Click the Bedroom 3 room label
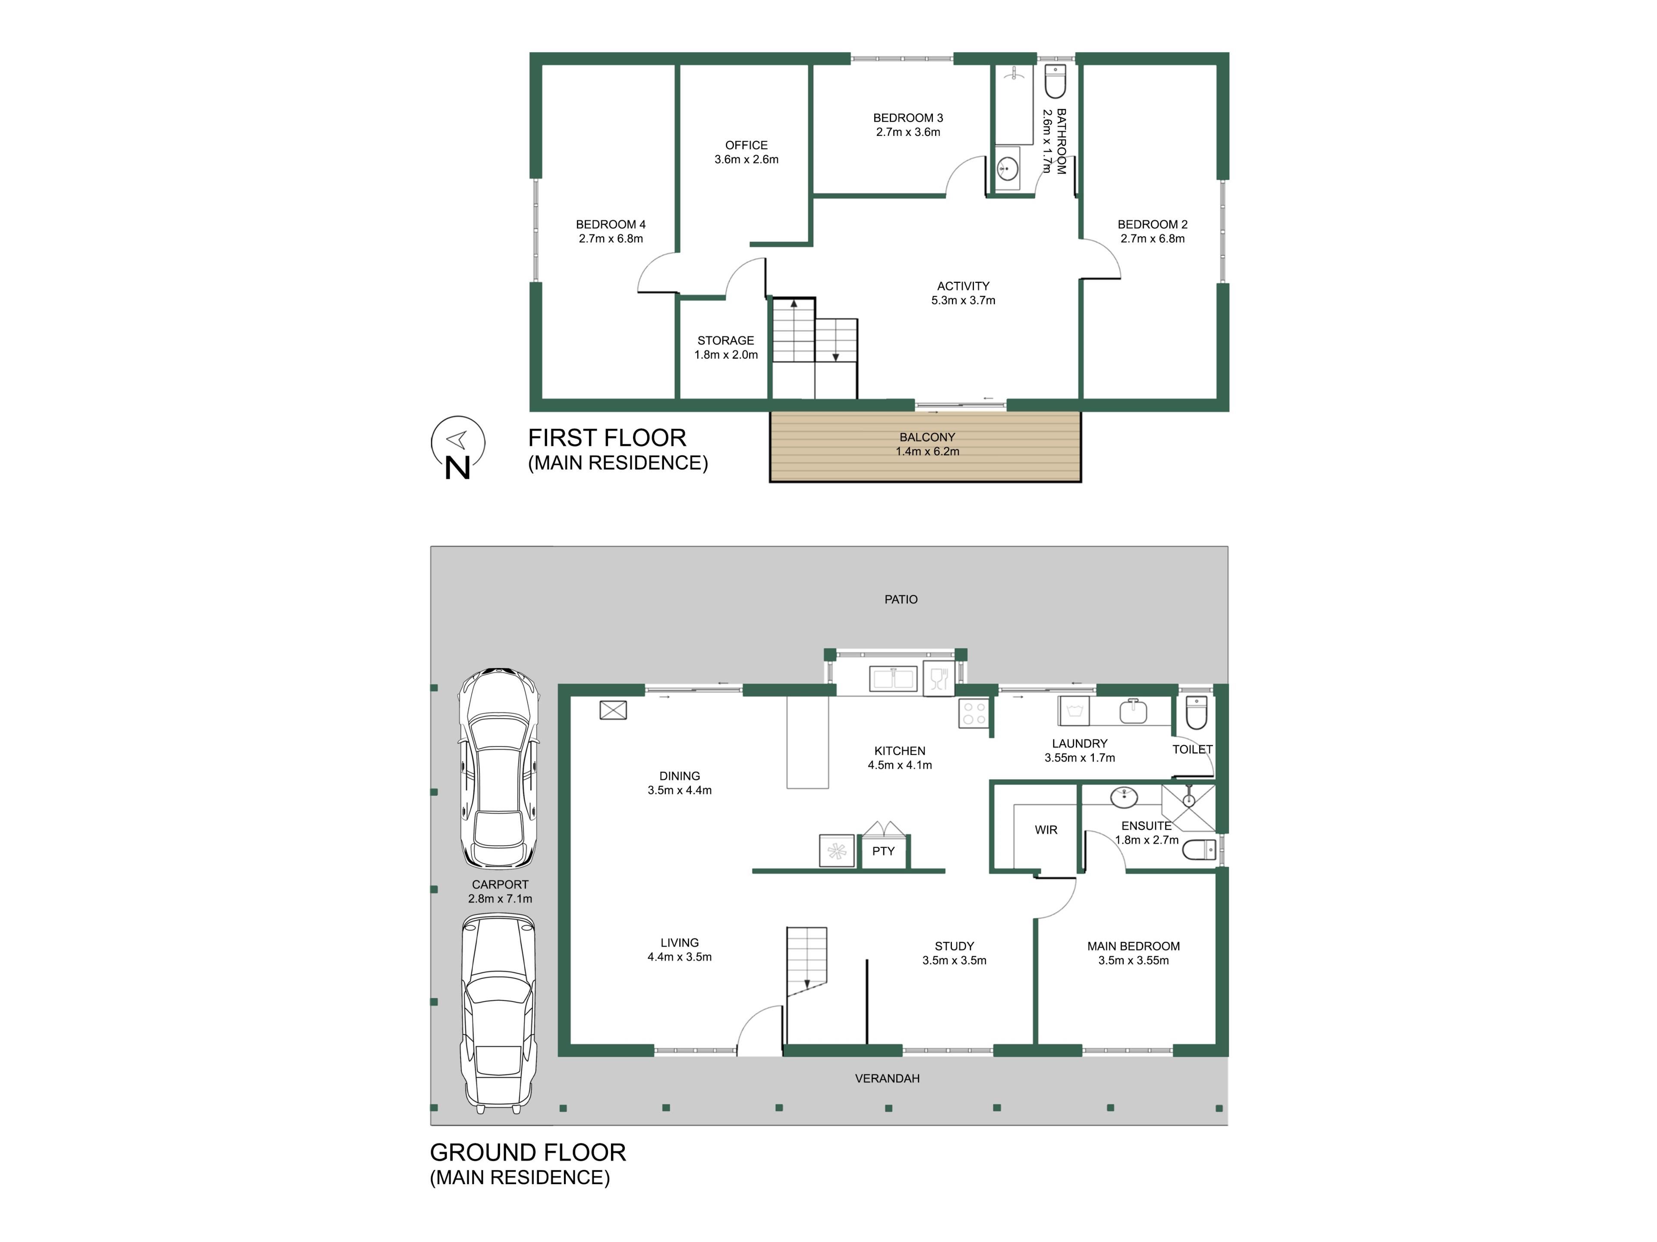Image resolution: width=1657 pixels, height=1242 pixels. (908, 118)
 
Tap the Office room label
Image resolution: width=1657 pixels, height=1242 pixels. (746, 145)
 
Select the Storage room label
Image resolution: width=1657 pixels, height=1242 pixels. (726, 341)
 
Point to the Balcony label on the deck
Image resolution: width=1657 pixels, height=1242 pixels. (927, 437)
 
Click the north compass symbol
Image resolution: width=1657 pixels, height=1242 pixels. (458, 447)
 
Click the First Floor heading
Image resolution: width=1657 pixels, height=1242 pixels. (607, 438)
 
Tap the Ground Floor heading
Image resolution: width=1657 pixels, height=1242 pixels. (527, 1152)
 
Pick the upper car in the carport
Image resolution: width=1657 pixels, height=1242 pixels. (499, 768)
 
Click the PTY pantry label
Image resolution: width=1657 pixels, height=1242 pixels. (883, 851)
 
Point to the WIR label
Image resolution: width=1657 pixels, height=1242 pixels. (1046, 830)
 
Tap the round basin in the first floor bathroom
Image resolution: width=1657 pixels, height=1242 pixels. (1008, 169)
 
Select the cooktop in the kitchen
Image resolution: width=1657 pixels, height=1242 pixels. (974, 713)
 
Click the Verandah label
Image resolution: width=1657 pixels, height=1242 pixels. (887, 1079)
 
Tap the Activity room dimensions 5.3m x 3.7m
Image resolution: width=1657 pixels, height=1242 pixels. (963, 300)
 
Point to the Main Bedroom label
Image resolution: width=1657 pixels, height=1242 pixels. (1134, 946)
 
